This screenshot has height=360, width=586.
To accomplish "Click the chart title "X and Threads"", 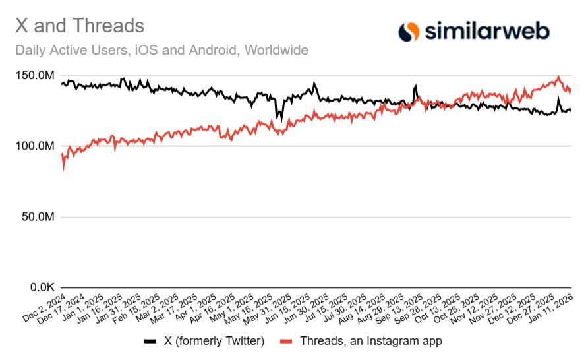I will [x=79, y=26].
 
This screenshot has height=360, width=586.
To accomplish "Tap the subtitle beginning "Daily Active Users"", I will [x=161, y=50].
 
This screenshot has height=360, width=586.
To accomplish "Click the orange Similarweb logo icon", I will [x=409, y=31].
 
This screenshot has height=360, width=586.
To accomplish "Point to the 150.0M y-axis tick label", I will [x=34, y=76].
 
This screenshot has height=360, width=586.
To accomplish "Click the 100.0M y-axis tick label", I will [x=34, y=146].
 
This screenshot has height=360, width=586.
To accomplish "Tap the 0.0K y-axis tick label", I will [x=39, y=287].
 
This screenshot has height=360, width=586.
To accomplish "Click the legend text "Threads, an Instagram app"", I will [x=370, y=341].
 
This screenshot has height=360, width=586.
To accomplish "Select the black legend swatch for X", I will [x=150, y=342].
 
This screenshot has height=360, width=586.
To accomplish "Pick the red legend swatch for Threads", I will [x=286, y=342].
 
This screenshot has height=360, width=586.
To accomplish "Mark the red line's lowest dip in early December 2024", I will [x=63, y=169].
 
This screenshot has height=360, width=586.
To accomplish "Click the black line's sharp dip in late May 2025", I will [x=278, y=120].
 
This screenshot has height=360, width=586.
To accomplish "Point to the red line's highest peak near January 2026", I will [x=559, y=76].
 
